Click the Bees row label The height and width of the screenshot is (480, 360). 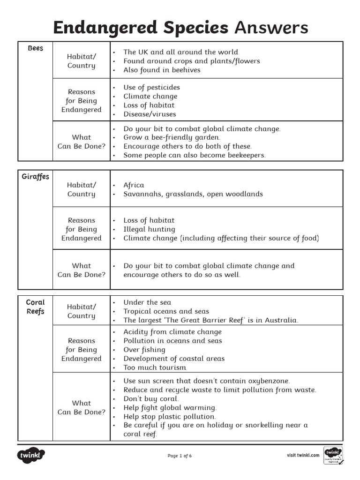click(x=35, y=48)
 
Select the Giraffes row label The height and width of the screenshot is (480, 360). click(x=35, y=177)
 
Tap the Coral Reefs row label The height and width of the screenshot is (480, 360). click(x=35, y=307)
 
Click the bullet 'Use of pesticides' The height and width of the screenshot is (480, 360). click(x=151, y=87)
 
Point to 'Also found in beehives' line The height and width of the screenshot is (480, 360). click(x=162, y=70)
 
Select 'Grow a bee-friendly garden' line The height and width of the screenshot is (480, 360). click(x=172, y=137)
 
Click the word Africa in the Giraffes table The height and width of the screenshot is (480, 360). click(x=134, y=185)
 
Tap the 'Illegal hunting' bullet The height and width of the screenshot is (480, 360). click(x=149, y=229)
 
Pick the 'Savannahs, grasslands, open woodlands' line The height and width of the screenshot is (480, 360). click(x=193, y=194)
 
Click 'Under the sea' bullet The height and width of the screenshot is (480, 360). click(x=147, y=302)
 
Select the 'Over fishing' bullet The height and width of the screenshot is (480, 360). click(x=144, y=350)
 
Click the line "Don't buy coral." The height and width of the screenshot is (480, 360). click(x=151, y=398)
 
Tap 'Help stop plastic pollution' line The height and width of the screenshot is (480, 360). click(x=170, y=416)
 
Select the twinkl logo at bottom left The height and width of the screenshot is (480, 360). click(x=31, y=456)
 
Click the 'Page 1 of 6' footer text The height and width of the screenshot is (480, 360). click(x=180, y=456)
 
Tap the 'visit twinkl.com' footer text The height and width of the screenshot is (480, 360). click(x=303, y=455)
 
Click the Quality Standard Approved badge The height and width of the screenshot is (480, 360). click(x=333, y=456)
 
